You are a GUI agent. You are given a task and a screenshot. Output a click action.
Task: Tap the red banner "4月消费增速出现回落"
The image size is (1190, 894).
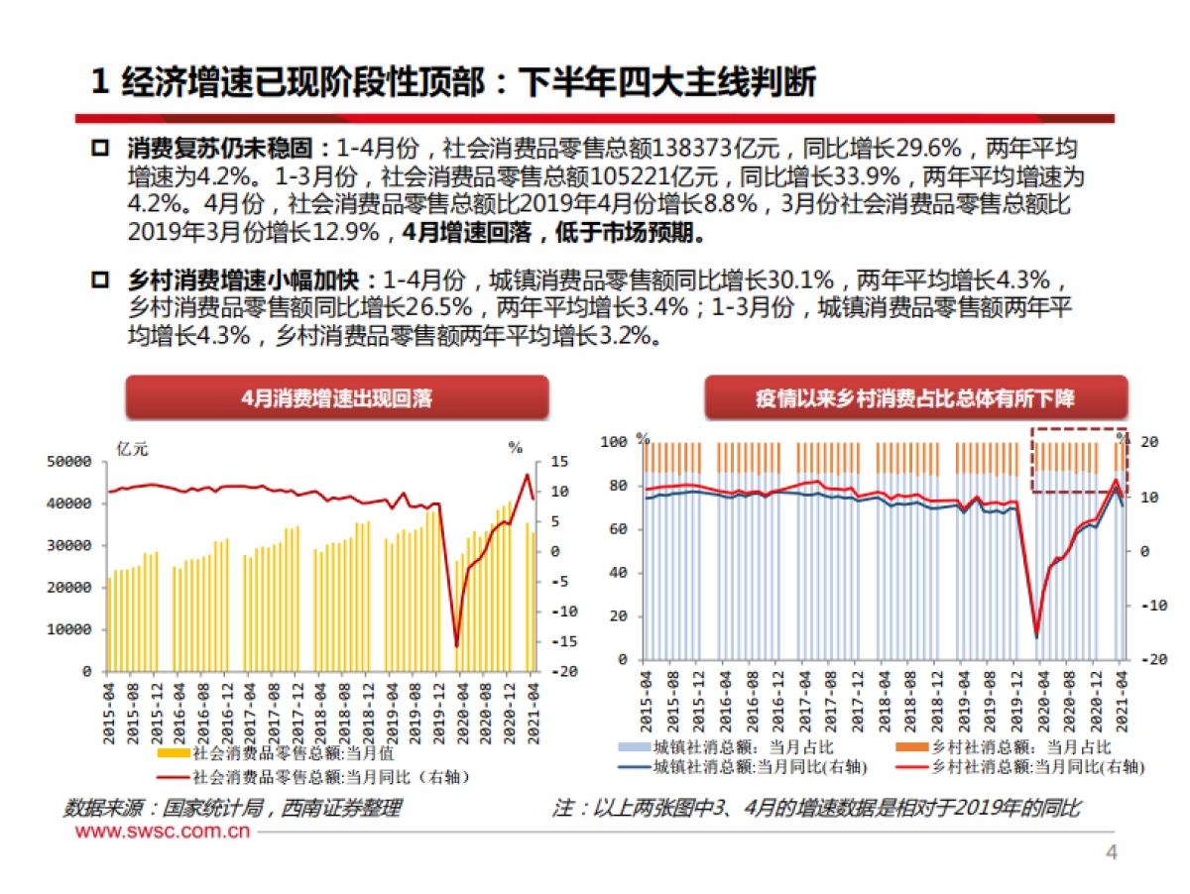[336, 398]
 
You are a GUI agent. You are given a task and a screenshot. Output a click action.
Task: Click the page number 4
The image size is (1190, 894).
[1112, 853]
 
